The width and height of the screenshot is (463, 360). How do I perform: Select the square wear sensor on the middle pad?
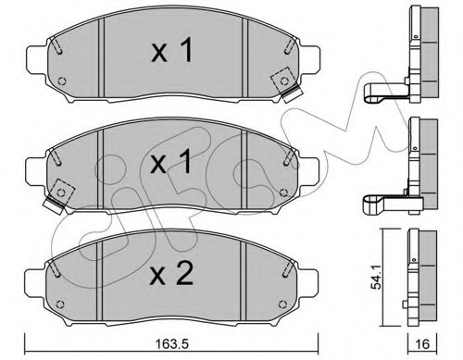(62, 190)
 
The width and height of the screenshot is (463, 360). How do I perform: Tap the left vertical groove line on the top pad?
(101, 56)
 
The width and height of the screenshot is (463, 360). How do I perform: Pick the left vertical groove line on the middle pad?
(101, 167)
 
